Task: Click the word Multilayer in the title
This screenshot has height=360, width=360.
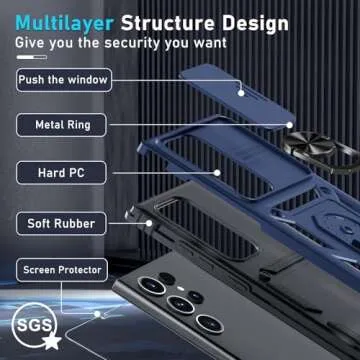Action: point(65,23)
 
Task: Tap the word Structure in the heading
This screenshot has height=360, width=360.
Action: point(168,23)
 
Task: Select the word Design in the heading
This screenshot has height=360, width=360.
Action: point(256,24)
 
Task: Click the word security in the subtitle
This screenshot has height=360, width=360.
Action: point(133,43)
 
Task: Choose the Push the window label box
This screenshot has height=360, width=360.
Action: point(64,80)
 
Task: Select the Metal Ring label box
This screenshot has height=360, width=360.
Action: point(62,125)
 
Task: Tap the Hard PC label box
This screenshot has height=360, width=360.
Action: point(61,173)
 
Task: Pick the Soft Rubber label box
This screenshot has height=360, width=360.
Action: point(61,224)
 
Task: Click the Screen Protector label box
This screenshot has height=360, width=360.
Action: point(62,270)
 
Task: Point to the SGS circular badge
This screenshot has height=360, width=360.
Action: point(34,325)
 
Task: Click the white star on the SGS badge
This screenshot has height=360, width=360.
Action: point(52,341)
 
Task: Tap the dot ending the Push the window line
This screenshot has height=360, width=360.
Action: point(241,93)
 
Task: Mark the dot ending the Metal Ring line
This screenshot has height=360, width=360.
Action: point(290,125)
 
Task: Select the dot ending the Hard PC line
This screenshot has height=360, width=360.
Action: point(217,173)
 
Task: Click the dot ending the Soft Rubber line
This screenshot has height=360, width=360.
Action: point(149,223)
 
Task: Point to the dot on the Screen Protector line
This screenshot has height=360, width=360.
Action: point(97,314)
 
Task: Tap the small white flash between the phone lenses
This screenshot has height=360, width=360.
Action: point(181,288)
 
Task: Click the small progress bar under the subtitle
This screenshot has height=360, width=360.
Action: point(32,57)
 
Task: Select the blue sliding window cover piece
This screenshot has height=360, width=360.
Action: point(237,95)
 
